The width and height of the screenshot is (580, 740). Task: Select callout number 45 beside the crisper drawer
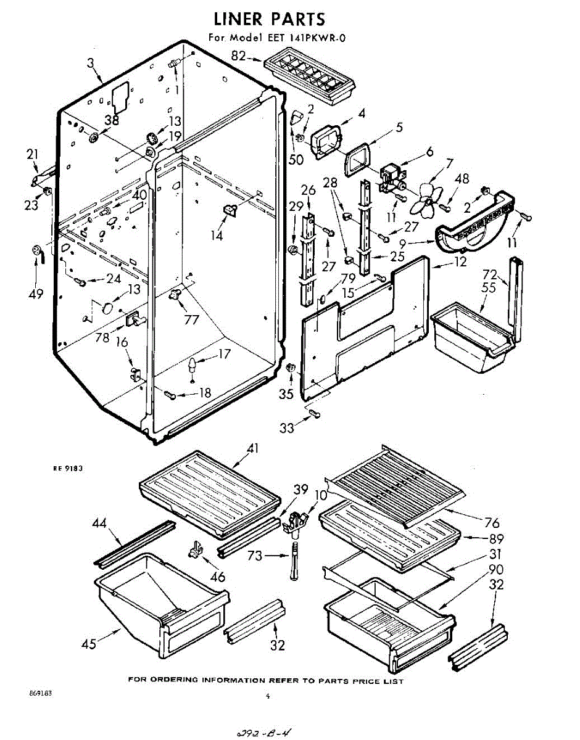[89, 644]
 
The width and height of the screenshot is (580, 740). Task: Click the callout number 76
[491, 523]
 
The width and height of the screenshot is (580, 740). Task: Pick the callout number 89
[495, 538]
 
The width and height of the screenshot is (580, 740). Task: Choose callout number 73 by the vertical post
[255, 556]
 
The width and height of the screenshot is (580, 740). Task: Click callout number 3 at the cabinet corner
[91, 62]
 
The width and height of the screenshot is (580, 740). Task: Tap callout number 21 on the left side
[32, 154]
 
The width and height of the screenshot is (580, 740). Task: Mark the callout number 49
[36, 294]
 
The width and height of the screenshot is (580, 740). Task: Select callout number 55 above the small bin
[489, 287]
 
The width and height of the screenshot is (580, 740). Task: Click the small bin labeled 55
[469, 339]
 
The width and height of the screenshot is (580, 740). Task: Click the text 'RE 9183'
[68, 469]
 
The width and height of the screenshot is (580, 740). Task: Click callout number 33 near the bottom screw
[287, 427]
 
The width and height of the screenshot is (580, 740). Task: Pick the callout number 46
[217, 577]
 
